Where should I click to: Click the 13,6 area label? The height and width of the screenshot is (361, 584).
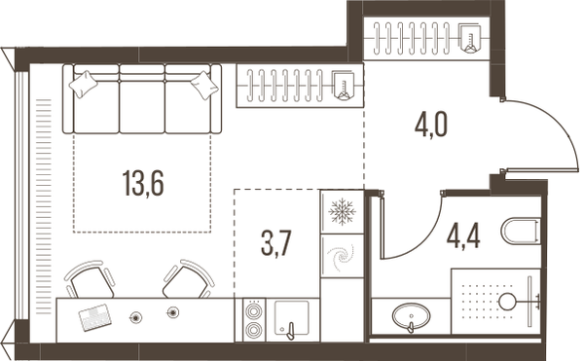point(143,183)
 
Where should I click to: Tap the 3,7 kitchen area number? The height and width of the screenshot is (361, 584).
point(276,242)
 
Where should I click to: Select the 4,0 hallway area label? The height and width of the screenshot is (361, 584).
point(430,126)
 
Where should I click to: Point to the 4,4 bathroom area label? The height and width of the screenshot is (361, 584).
point(463,236)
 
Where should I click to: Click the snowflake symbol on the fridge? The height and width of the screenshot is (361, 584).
point(342,212)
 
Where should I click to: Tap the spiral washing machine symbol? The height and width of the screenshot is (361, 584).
point(340,256)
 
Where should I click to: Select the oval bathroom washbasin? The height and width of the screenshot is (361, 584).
point(411,316)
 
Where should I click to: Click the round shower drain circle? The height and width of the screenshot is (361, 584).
point(507,302)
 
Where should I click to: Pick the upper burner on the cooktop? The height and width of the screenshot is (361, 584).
point(254,311)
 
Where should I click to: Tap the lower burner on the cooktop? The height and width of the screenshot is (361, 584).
point(254,329)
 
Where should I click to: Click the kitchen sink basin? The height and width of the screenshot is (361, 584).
point(292,317)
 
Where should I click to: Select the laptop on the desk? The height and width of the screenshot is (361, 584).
point(95,317)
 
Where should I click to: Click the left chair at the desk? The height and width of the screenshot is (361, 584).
point(91,280)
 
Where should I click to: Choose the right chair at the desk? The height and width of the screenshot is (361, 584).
point(188,280)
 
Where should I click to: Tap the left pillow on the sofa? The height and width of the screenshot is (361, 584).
point(84,84)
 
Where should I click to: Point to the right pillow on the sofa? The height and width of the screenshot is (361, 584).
point(204,86)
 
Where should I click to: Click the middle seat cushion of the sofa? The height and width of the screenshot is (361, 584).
point(142,107)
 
